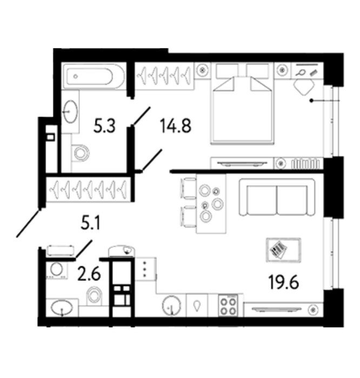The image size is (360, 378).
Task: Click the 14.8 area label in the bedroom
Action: pyautogui.click(x=176, y=126)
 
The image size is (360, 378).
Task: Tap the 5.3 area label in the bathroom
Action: pyautogui.click(x=104, y=126)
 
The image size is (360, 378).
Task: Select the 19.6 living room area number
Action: pyautogui.click(x=283, y=282)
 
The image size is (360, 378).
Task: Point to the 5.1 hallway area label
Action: pyautogui.click(x=90, y=223)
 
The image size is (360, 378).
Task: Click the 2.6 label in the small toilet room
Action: pyautogui.click(x=89, y=274)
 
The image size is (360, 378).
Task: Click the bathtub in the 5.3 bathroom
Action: pyautogui.click(x=92, y=76)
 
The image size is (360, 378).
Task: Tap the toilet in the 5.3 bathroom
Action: pyautogui.click(x=81, y=153)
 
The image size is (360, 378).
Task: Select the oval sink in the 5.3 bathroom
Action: pyautogui.click(x=70, y=112)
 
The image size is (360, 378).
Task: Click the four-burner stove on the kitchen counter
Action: pyautogui.click(x=228, y=306)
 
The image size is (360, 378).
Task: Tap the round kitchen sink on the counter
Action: pyautogui.click(x=171, y=306)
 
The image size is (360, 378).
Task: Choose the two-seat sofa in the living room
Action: pyautogui.click(x=277, y=197)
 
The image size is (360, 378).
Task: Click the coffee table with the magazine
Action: pyautogui.click(x=283, y=250)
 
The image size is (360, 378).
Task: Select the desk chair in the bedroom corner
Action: pyautogui.click(x=304, y=86)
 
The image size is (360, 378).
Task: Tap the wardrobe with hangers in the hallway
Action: pyautogui.click(x=89, y=190)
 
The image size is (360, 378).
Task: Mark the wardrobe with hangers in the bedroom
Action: pyautogui.click(x=164, y=76)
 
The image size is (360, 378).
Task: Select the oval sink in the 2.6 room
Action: pyautogui.click(x=62, y=308)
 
